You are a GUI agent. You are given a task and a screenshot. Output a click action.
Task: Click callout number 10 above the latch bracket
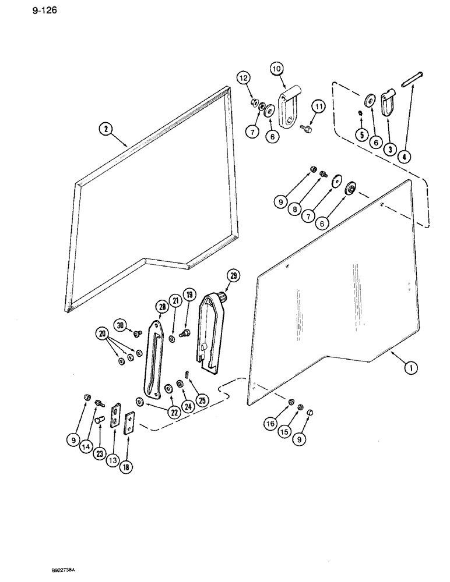point(276,69)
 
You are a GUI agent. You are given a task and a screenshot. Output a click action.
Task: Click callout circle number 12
point(243,77)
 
